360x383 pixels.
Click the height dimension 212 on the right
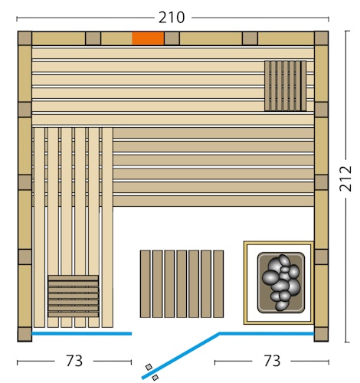coord(345,179)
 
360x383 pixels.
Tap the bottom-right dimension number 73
coord(271,360)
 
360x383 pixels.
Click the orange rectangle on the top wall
coord(148,38)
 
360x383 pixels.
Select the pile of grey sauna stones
coord(281,281)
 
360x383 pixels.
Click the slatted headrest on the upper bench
coord(286,86)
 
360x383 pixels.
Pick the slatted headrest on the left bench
coord(73,296)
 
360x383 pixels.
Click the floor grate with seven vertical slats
coord(182,283)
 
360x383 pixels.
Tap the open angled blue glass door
coord(181,355)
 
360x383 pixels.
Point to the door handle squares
coord(152,372)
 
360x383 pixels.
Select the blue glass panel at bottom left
coord(81,334)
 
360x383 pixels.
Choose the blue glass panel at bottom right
coord(267,333)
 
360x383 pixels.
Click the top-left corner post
coord(25,38)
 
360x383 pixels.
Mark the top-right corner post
coord(321,38)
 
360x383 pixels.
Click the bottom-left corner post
coord(25,335)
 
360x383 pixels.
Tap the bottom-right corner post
coord(321,335)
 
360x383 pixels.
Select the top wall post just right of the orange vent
coord(172,38)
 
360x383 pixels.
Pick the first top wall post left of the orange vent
coord(93,38)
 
